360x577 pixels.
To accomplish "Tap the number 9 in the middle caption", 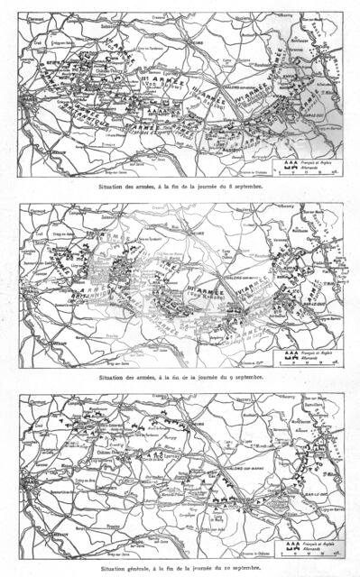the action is pos(239,377).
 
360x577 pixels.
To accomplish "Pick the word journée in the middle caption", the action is pos(216,377).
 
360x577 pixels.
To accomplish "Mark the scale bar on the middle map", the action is pos(309,362).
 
